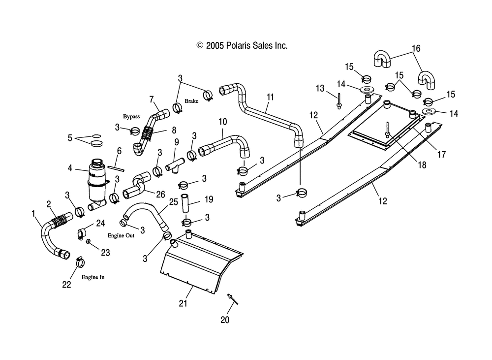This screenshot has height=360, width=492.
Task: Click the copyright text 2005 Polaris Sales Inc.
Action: tap(242, 46)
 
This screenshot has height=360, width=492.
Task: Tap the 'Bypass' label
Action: tap(131, 117)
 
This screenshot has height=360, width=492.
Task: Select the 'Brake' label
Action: tap(191, 101)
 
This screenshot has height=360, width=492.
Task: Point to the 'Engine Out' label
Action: tap(121, 235)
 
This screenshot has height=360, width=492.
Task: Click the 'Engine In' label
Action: tap(93, 277)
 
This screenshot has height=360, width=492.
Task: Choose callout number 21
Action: tap(183, 303)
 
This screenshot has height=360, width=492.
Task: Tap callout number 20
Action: tap(225, 320)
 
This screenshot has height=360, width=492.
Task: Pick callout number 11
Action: tap(270, 97)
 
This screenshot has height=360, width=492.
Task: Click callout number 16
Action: tap(416, 48)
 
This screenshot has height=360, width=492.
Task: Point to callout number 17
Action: tap(441, 154)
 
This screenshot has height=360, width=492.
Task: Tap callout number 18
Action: tap(422, 165)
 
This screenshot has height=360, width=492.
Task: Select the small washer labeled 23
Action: tap(89, 241)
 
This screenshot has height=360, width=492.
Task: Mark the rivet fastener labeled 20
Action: tap(233, 299)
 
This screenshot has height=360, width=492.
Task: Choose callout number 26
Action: tap(160, 195)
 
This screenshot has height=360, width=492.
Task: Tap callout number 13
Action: tap(320, 88)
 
